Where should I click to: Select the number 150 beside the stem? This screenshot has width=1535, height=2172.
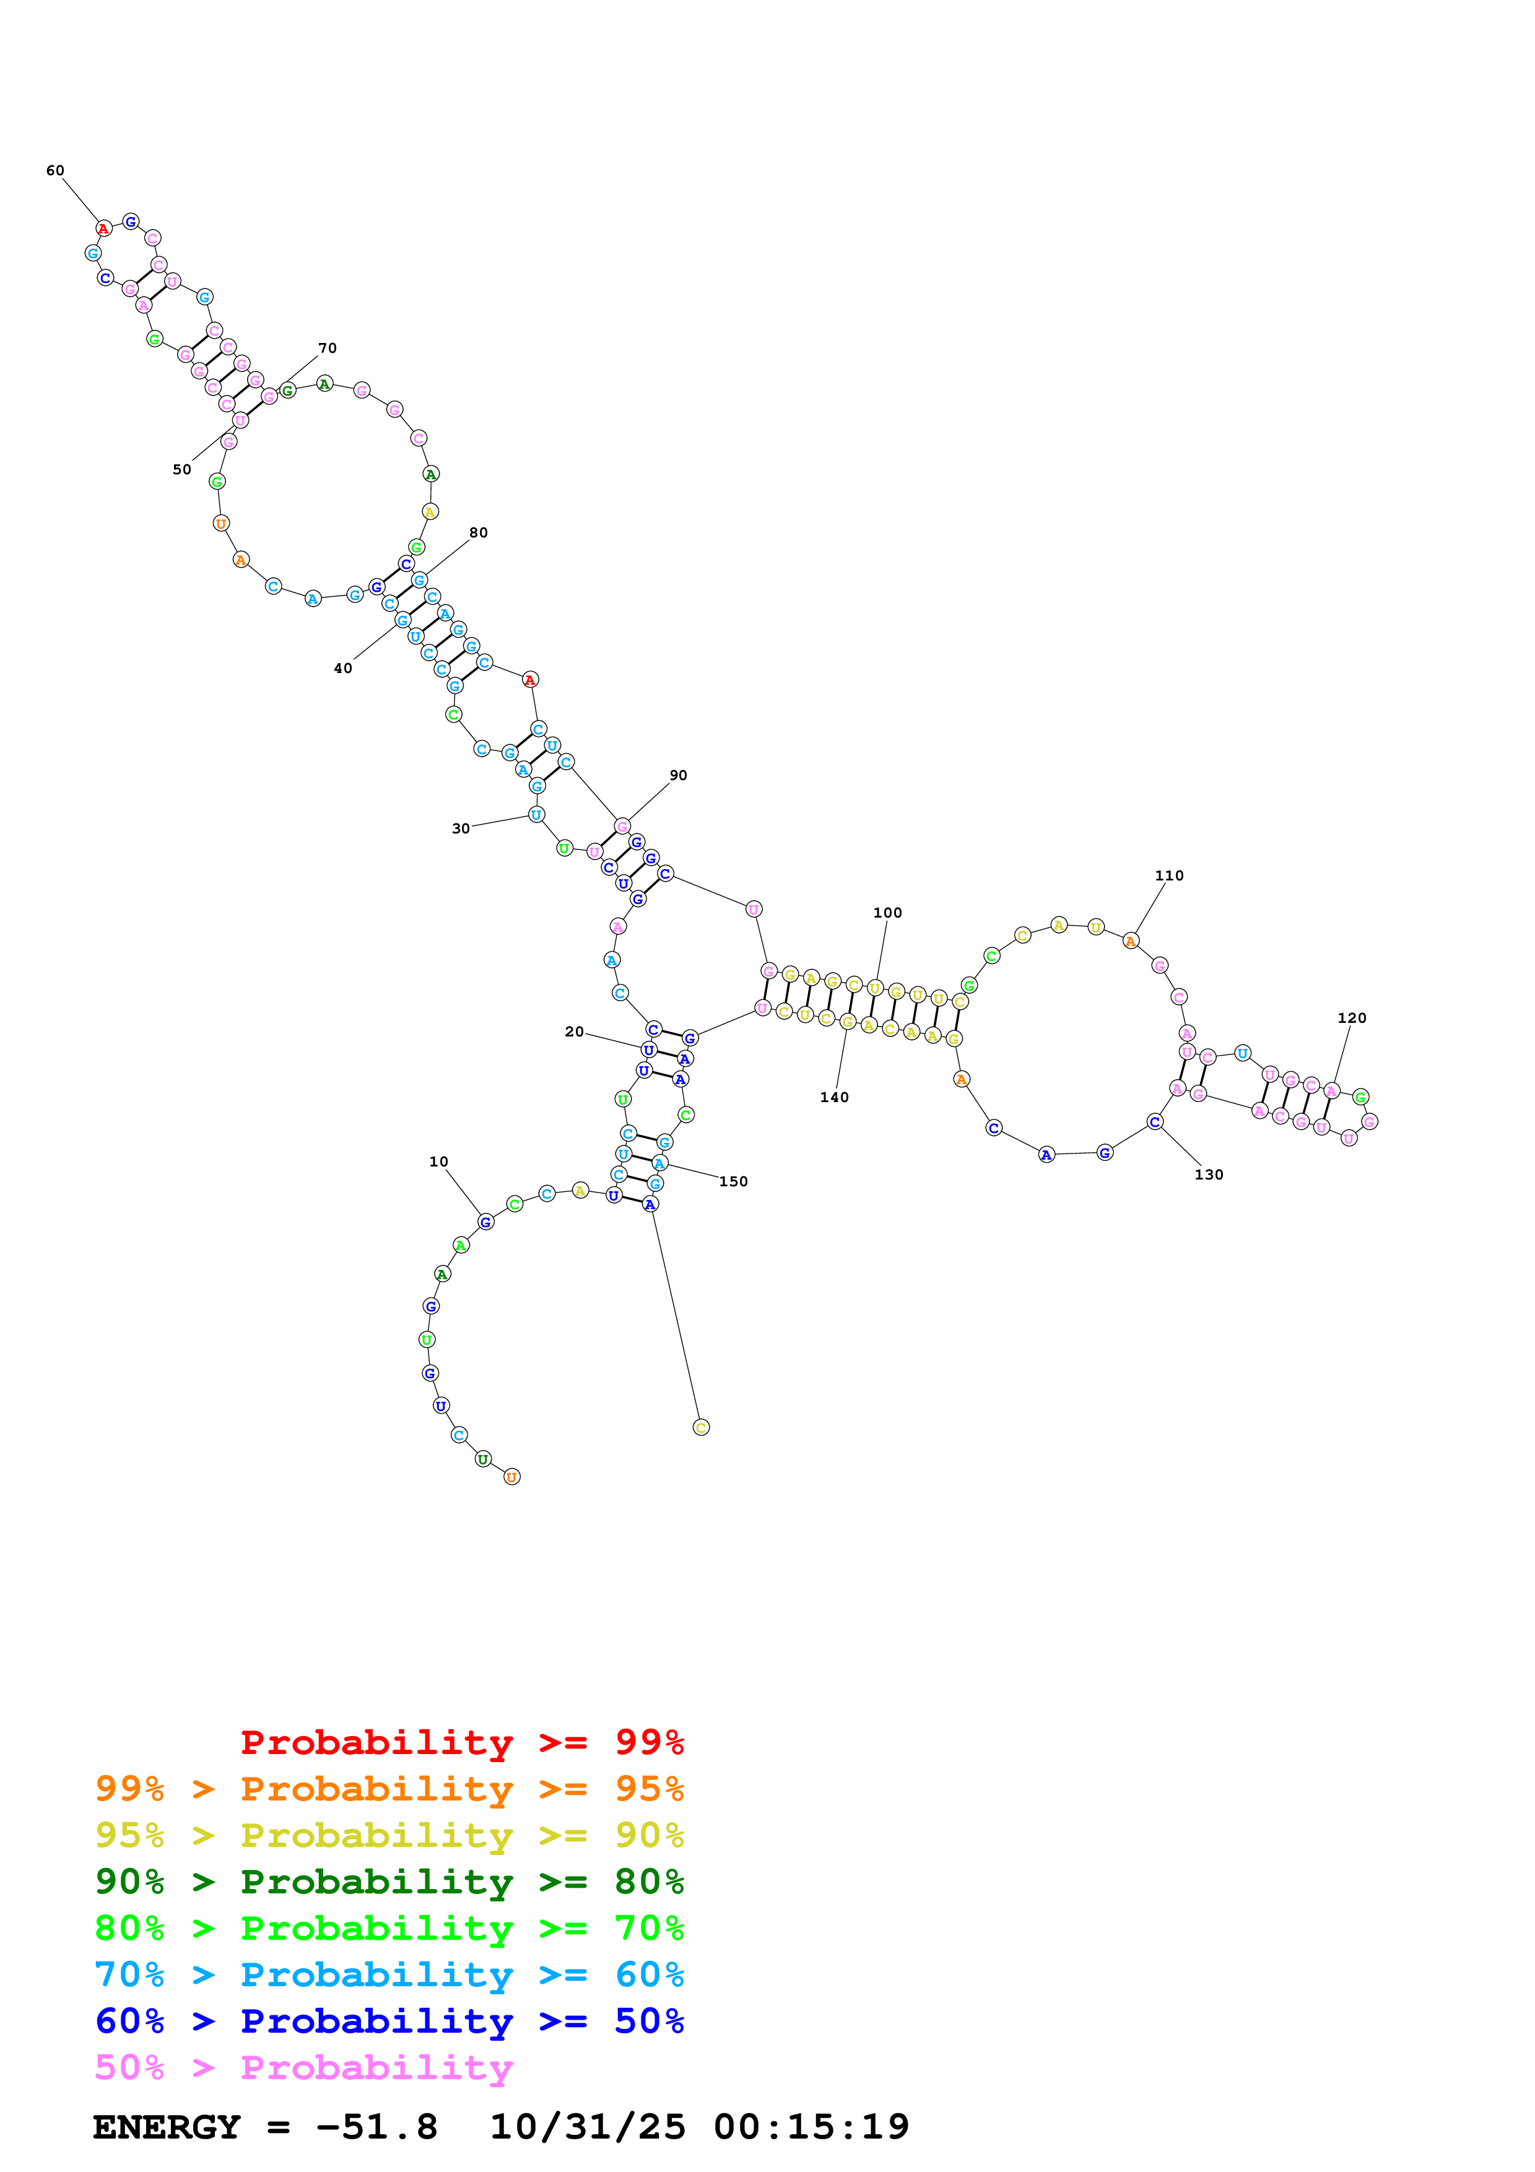click(733, 1181)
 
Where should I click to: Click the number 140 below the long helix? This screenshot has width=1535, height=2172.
click(834, 1097)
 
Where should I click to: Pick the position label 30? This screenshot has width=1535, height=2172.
click(461, 828)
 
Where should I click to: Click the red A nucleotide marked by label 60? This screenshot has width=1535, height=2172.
click(104, 229)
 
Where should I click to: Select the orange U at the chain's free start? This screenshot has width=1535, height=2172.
click(511, 1477)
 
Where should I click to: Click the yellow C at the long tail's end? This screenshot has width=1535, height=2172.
click(701, 1428)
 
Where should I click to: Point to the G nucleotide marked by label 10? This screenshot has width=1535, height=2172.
click(485, 1222)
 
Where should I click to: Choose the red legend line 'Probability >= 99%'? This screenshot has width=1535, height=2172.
click(461, 1742)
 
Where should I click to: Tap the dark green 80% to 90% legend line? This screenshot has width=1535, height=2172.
click(389, 1882)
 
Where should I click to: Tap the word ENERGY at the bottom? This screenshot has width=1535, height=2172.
click(167, 2127)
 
